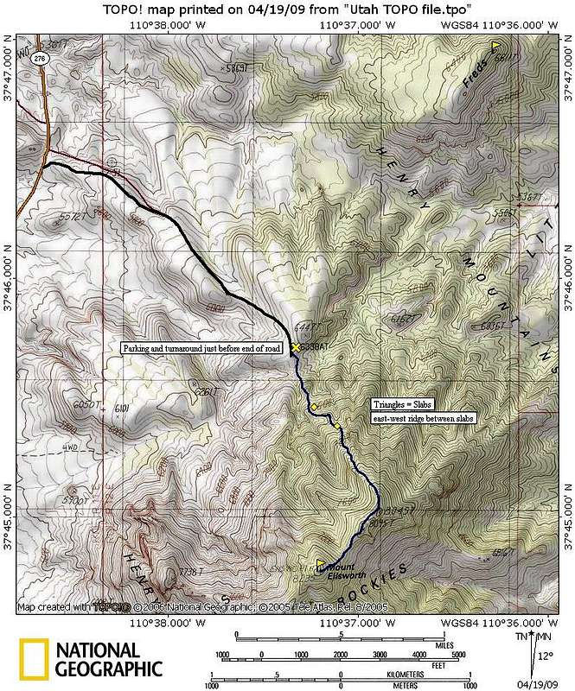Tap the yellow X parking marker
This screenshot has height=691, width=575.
coord(296,346)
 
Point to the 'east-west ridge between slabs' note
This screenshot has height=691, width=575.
coord(425,418)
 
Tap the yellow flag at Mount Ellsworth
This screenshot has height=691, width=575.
coord(322,564)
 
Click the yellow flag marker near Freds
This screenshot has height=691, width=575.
coord(495,45)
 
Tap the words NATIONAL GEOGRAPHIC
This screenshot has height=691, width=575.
coord(108,659)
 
